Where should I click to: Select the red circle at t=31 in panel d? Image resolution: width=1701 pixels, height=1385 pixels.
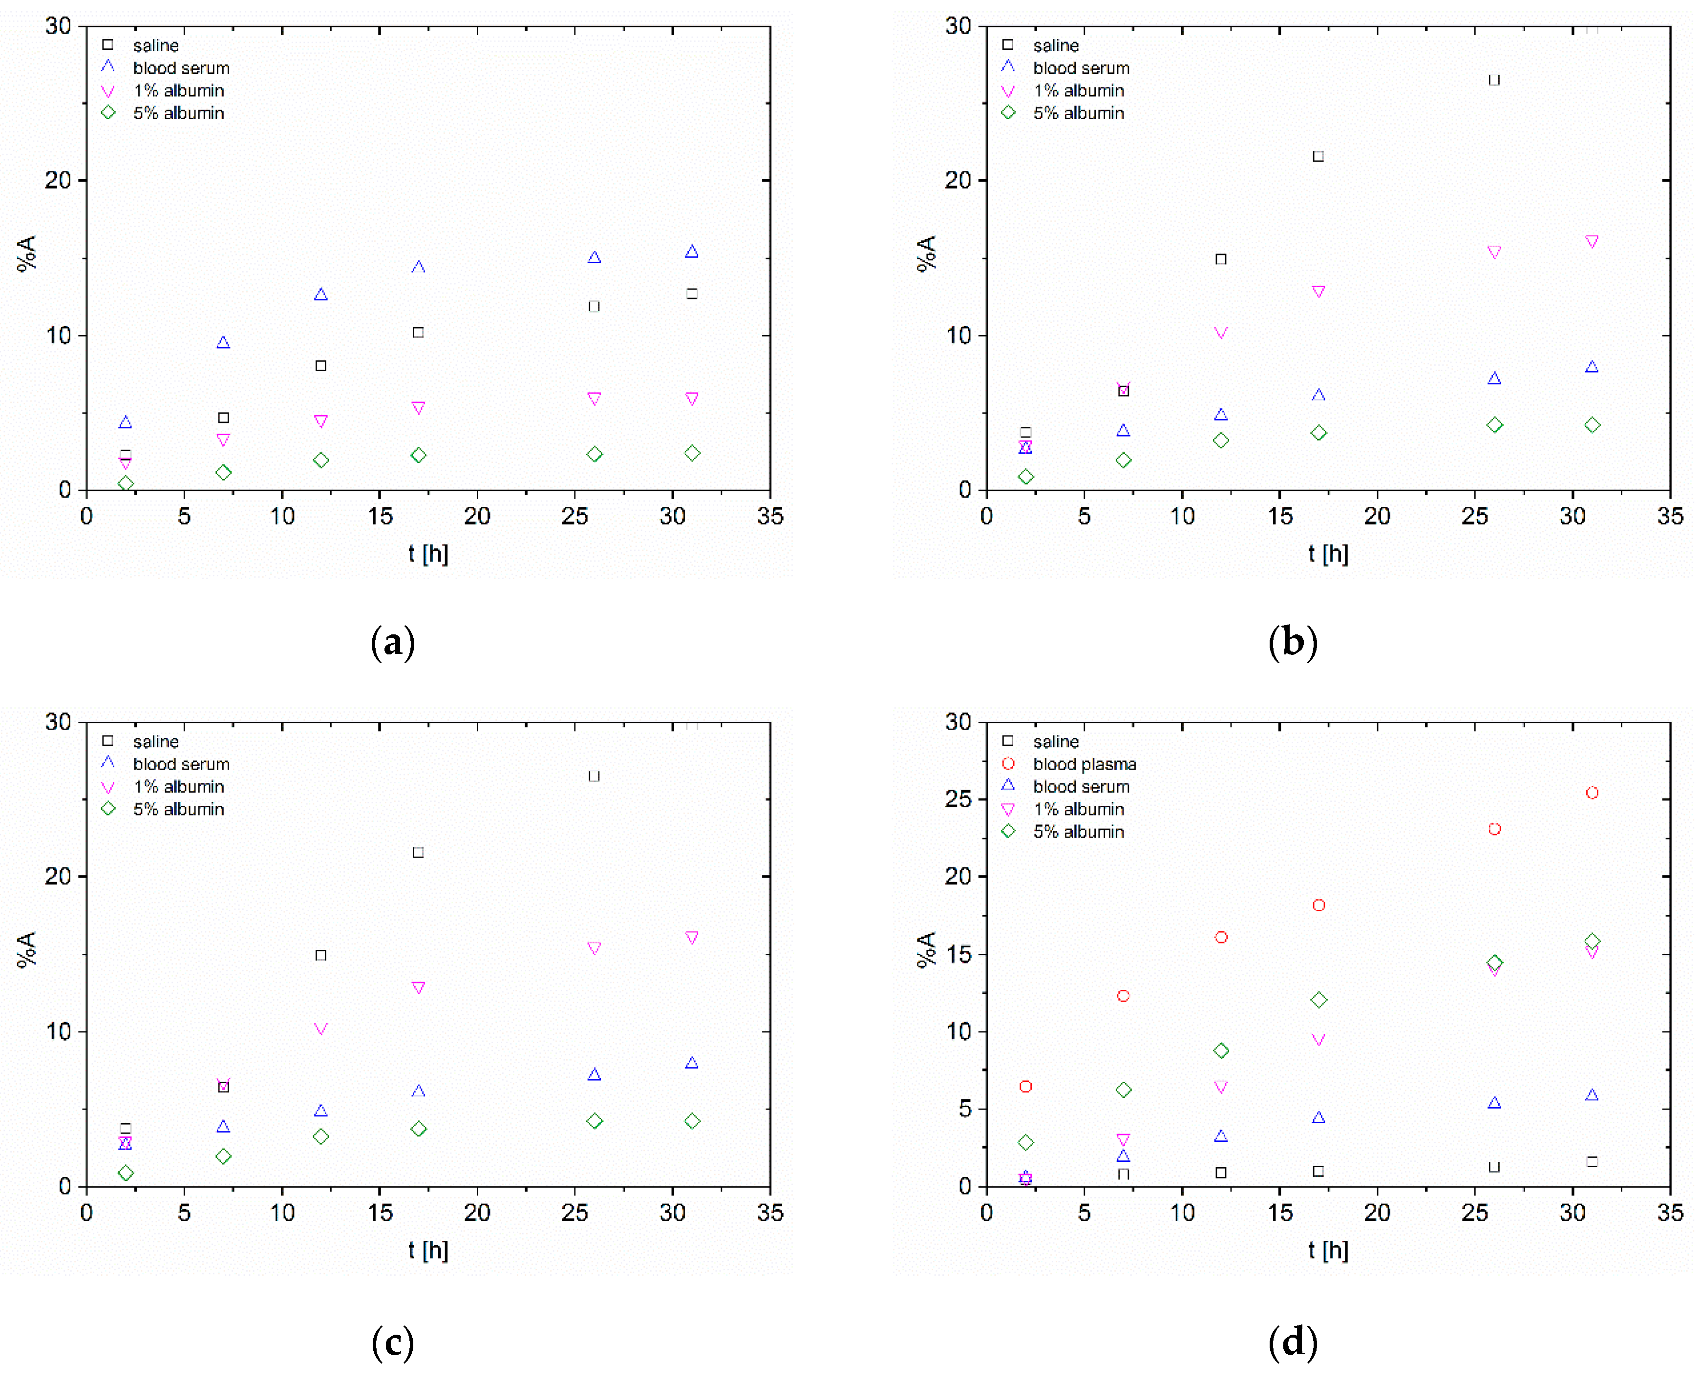[x=1591, y=792]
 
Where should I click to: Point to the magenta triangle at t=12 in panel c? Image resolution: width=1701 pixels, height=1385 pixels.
[x=321, y=1029]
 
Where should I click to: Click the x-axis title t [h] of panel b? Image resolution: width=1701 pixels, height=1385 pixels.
[x=1327, y=553]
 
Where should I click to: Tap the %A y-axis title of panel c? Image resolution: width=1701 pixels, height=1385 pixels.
[x=26, y=949]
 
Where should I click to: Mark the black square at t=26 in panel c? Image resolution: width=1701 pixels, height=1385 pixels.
[x=594, y=776]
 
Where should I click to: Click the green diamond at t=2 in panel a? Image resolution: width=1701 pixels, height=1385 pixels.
[x=125, y=483]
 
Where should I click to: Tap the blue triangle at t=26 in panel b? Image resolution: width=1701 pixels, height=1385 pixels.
[x=1493, y=378]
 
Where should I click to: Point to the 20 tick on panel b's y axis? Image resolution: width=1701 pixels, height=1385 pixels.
[x=958, y=180]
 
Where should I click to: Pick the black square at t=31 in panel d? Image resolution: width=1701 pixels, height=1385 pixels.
[x=1591, y=1162]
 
